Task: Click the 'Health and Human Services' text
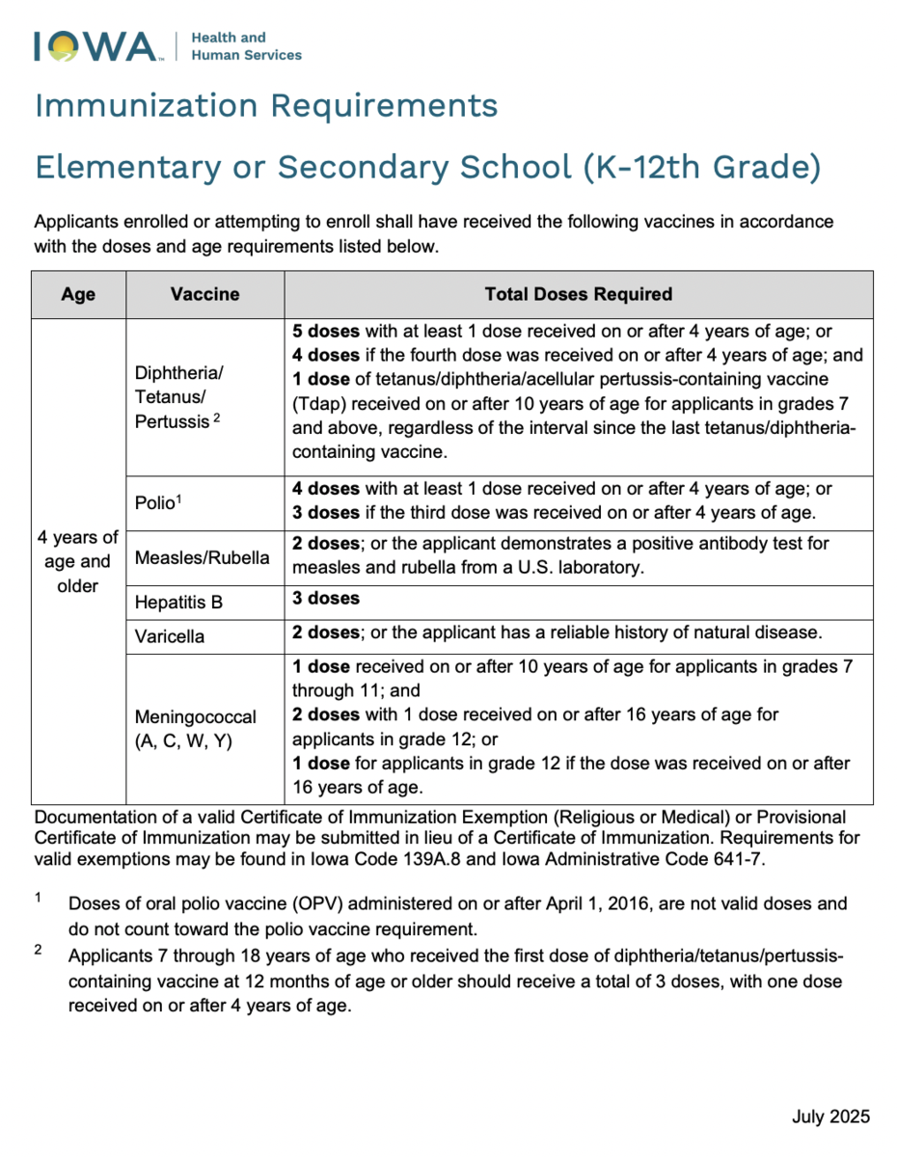[246, 46]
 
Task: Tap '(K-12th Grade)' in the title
[702, 167]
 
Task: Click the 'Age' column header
[78, 294]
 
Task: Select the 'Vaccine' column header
[204, 294]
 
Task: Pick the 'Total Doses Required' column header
[578, 294]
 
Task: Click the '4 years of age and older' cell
[78, 561]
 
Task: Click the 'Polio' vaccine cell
[159, 502]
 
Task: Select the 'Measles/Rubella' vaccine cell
[203, 558]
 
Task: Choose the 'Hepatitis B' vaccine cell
[178, 603]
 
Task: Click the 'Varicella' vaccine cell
[170, 636]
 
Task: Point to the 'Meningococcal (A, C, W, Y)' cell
[196, 730]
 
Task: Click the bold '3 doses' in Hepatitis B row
[326, 598]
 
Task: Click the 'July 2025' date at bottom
[830, 1117]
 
